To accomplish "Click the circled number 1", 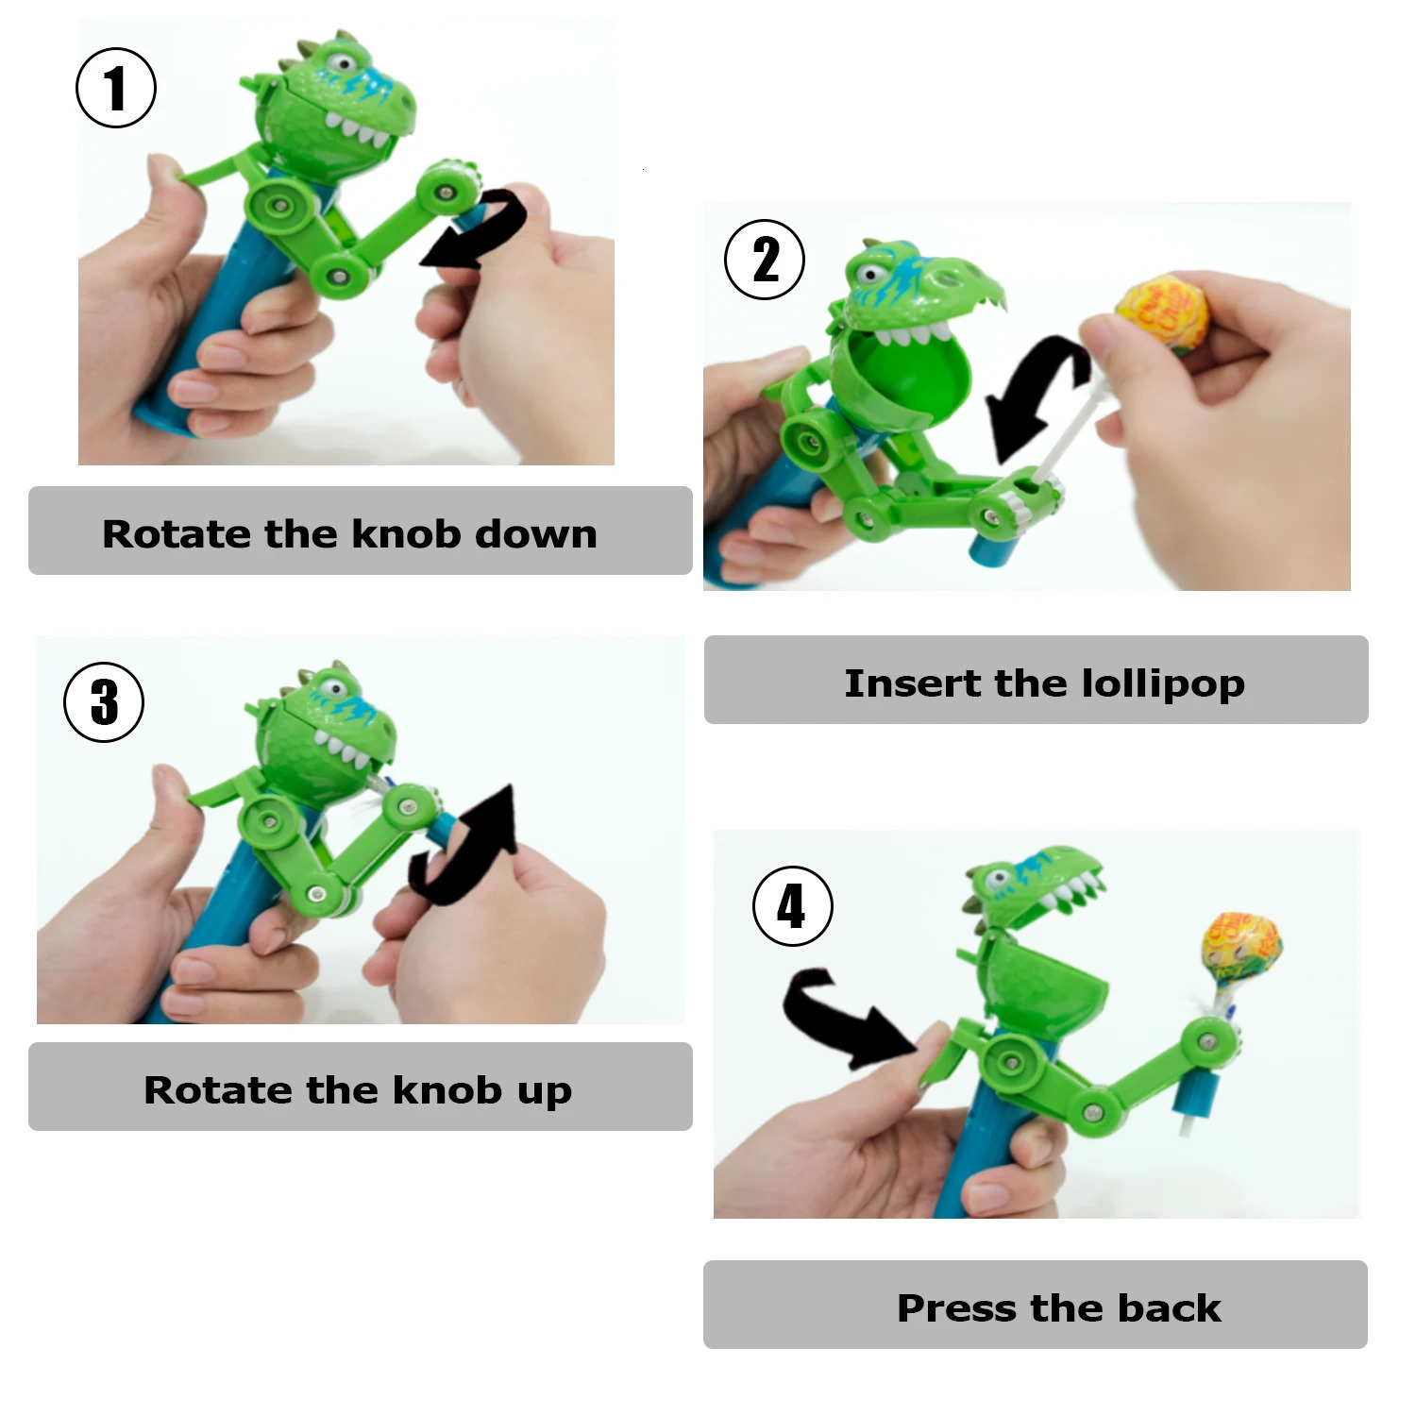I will [x=115, y=88].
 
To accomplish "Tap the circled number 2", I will [x=764, y=260].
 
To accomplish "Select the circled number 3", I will [x=104, y=701].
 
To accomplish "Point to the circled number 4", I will [x=792, y=906].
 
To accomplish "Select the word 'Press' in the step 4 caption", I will [x=956, y=1308].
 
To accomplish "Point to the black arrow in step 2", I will [x=1034, y=396].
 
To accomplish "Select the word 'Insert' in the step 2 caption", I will [x=911, y=683].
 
